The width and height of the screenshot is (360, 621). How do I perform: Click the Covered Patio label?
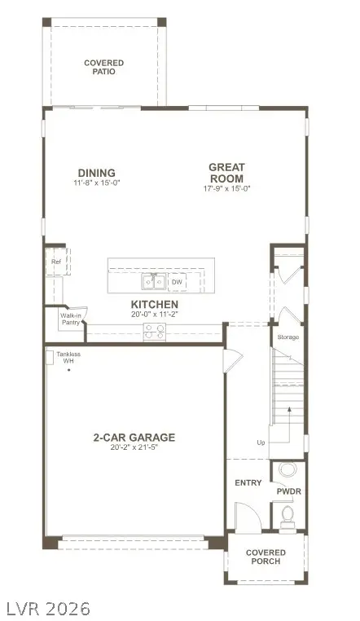[103, 67]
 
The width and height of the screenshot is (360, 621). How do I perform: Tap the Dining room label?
[96, 172]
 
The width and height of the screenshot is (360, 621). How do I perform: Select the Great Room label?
[226, 173]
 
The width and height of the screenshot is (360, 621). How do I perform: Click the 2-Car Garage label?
[134, 438]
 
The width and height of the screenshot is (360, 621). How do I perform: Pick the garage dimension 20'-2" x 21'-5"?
[134, 449]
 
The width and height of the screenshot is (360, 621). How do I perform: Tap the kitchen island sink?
[153, 282]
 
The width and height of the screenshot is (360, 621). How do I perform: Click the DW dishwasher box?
[177, 283]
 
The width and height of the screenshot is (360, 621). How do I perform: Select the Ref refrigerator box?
[56, 262]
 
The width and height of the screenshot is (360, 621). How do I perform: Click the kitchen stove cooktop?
[154, 331]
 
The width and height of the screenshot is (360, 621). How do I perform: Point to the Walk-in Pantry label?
[71, 319]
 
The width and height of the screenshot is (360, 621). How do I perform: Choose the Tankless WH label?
[68, 359]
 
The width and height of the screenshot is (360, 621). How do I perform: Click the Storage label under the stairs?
[288, 337]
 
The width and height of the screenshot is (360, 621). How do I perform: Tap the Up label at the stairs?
[261, 443]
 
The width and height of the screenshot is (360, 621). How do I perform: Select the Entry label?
[248, 482]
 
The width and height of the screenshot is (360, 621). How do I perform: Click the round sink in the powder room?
[288, 470]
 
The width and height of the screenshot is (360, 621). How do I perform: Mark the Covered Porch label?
[266, 557]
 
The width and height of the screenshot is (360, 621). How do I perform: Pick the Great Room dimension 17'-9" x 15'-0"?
[226, 188]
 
